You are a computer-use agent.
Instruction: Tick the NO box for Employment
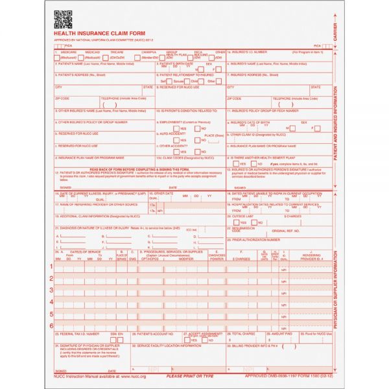click(x=194, y=128)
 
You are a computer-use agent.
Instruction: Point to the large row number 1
click(x=51, y=266)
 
